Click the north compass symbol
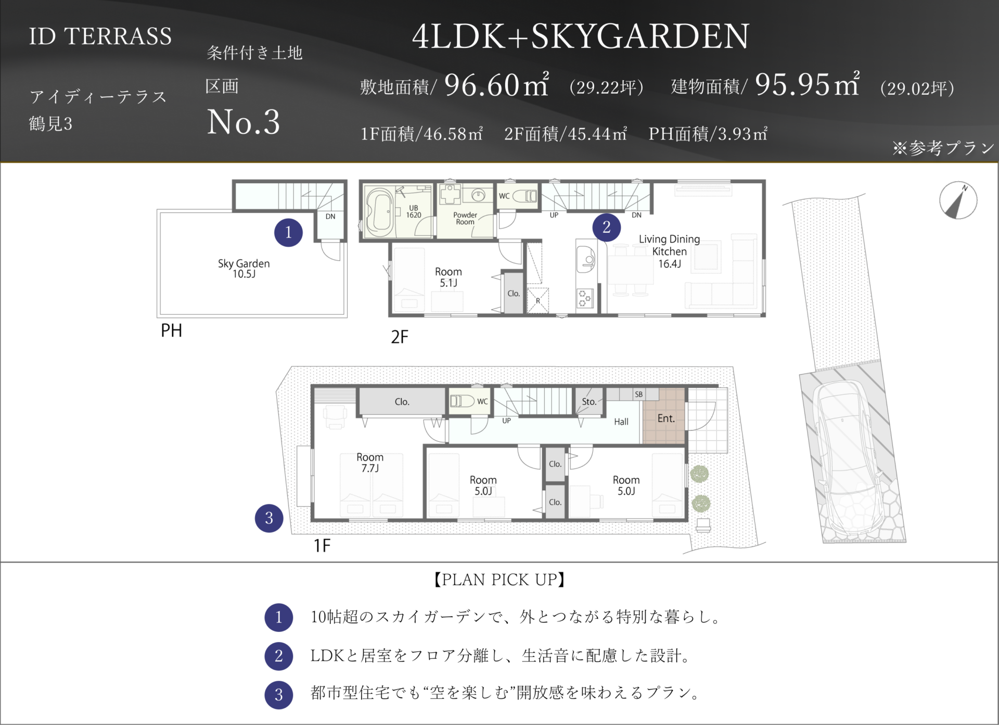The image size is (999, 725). [x=958, y=200]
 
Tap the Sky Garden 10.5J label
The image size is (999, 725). [x=244, y=269]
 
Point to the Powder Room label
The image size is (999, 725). [x=465, y=218]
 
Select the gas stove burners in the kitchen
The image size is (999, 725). [x=584, y=298]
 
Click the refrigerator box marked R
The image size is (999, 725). [x=538, y=300]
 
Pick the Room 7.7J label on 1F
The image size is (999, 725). [x=370, y=463]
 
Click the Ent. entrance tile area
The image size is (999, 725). [x=665, y=416]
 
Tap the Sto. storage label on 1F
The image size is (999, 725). [x=589, y=402]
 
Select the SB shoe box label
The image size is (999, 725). [x=639, y=395]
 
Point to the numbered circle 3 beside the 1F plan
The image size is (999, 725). [x=269, y=518]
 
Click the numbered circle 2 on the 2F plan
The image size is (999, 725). [x=607, y=227]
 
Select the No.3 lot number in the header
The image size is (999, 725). [x=244, y=122]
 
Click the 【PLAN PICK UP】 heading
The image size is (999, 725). [x=499, y=580]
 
